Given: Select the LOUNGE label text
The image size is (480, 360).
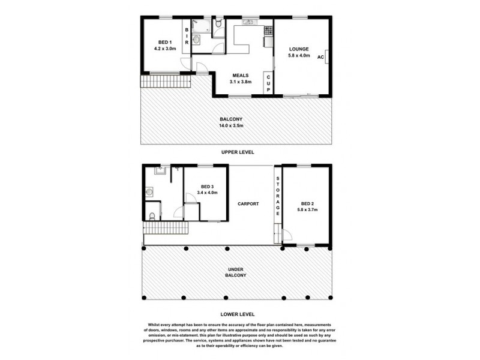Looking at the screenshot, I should [298, 49].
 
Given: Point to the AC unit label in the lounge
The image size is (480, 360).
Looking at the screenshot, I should [320, 56].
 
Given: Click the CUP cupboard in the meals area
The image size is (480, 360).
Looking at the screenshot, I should [268, 82].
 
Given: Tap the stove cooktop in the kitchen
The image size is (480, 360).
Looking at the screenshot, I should [268, 29].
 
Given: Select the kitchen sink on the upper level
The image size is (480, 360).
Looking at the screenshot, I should [248, 23].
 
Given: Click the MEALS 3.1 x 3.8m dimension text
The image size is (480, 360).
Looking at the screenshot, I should [241, 82].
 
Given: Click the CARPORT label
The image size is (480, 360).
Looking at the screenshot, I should [248, 204].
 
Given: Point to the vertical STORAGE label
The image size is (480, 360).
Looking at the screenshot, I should [277, 197].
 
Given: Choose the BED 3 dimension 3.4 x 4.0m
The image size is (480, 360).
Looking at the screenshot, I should [206, 193].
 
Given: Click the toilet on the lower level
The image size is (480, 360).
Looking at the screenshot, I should [153, 215].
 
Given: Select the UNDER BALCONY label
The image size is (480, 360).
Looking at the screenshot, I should [236, 272].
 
